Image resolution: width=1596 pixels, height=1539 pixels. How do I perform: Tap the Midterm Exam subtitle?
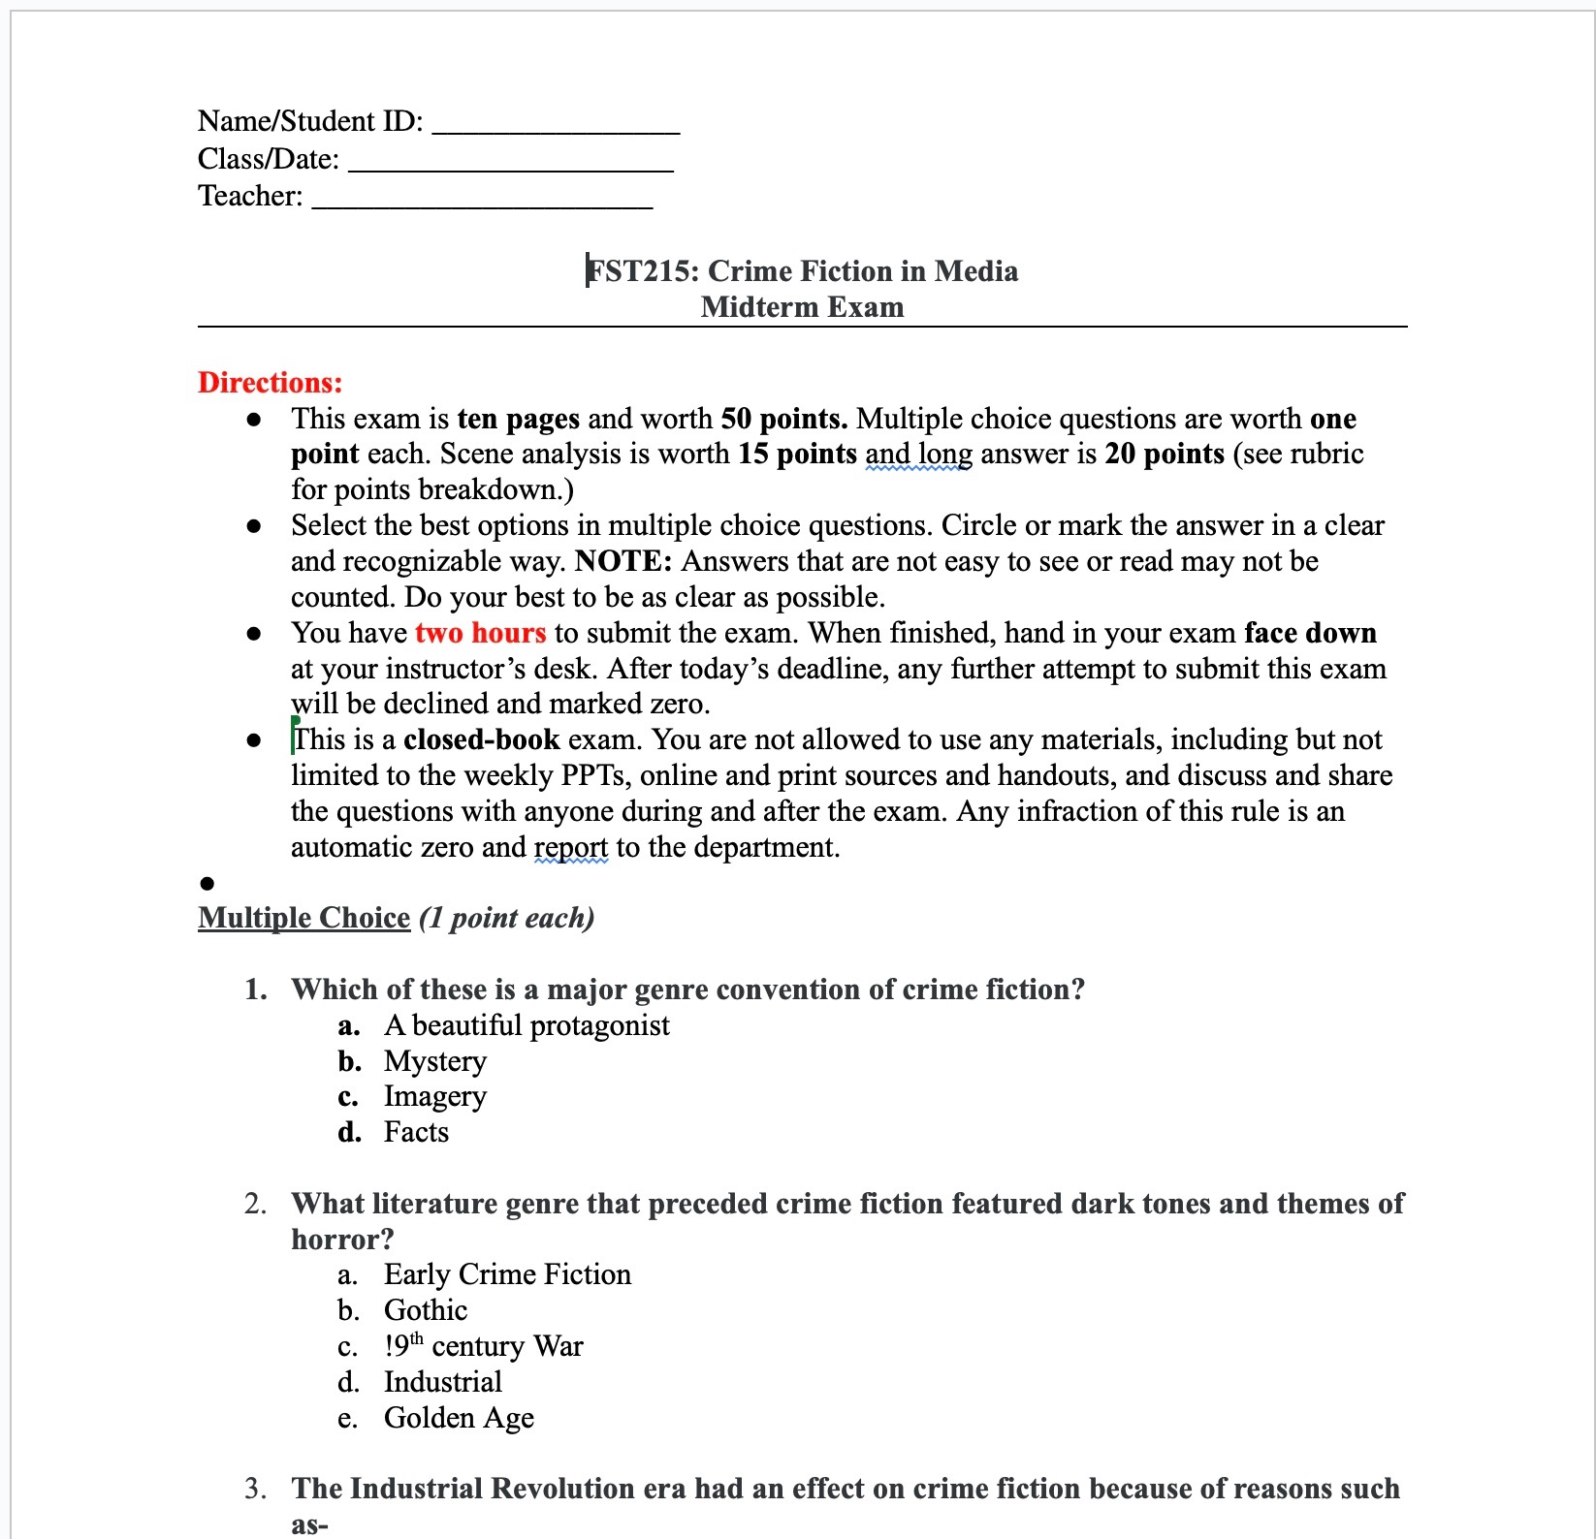click(802, 307)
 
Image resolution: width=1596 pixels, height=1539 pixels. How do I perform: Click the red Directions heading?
click(270, 382)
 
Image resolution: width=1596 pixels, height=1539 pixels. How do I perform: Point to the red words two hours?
click(480, 633)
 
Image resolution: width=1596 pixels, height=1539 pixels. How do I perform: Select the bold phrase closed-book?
click(481, 739)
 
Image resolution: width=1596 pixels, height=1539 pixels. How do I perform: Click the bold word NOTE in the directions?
click(622, 561)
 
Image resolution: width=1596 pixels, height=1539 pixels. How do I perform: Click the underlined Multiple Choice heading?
click(303, 918)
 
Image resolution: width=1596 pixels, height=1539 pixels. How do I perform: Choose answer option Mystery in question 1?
click(434, 1061)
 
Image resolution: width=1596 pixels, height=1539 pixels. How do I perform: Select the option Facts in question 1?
click(416, 1132)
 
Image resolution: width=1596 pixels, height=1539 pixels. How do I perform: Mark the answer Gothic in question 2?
click(426, 1310)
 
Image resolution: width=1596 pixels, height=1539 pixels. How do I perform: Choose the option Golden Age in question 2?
click(459, 1418)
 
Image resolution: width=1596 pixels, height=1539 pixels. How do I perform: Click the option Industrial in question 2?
click(442, 1382)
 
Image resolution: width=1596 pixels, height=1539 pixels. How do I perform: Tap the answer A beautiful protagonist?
click(527, 1025)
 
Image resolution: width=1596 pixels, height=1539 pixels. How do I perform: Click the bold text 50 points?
click(783, 419)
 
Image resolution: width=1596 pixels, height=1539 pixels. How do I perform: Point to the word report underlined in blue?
click(570, 848)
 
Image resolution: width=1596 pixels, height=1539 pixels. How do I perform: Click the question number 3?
click(254, 1489)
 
